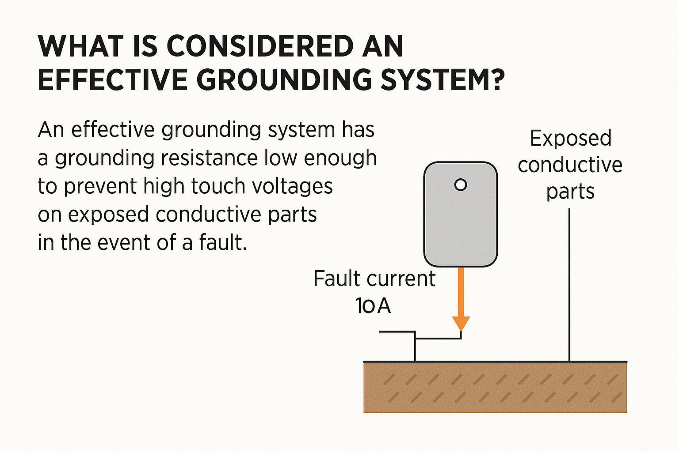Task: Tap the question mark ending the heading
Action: point(498,80)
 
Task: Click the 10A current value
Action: point(373,305)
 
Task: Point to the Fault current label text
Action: point(374,279)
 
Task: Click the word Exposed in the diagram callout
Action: point(570,139)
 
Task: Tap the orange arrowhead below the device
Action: point(461,323)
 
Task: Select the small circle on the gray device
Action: point(461,185)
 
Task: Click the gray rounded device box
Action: point(461,225)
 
